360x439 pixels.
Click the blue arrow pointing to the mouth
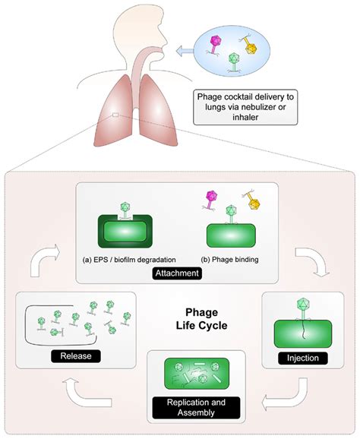[x=183, y=51]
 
